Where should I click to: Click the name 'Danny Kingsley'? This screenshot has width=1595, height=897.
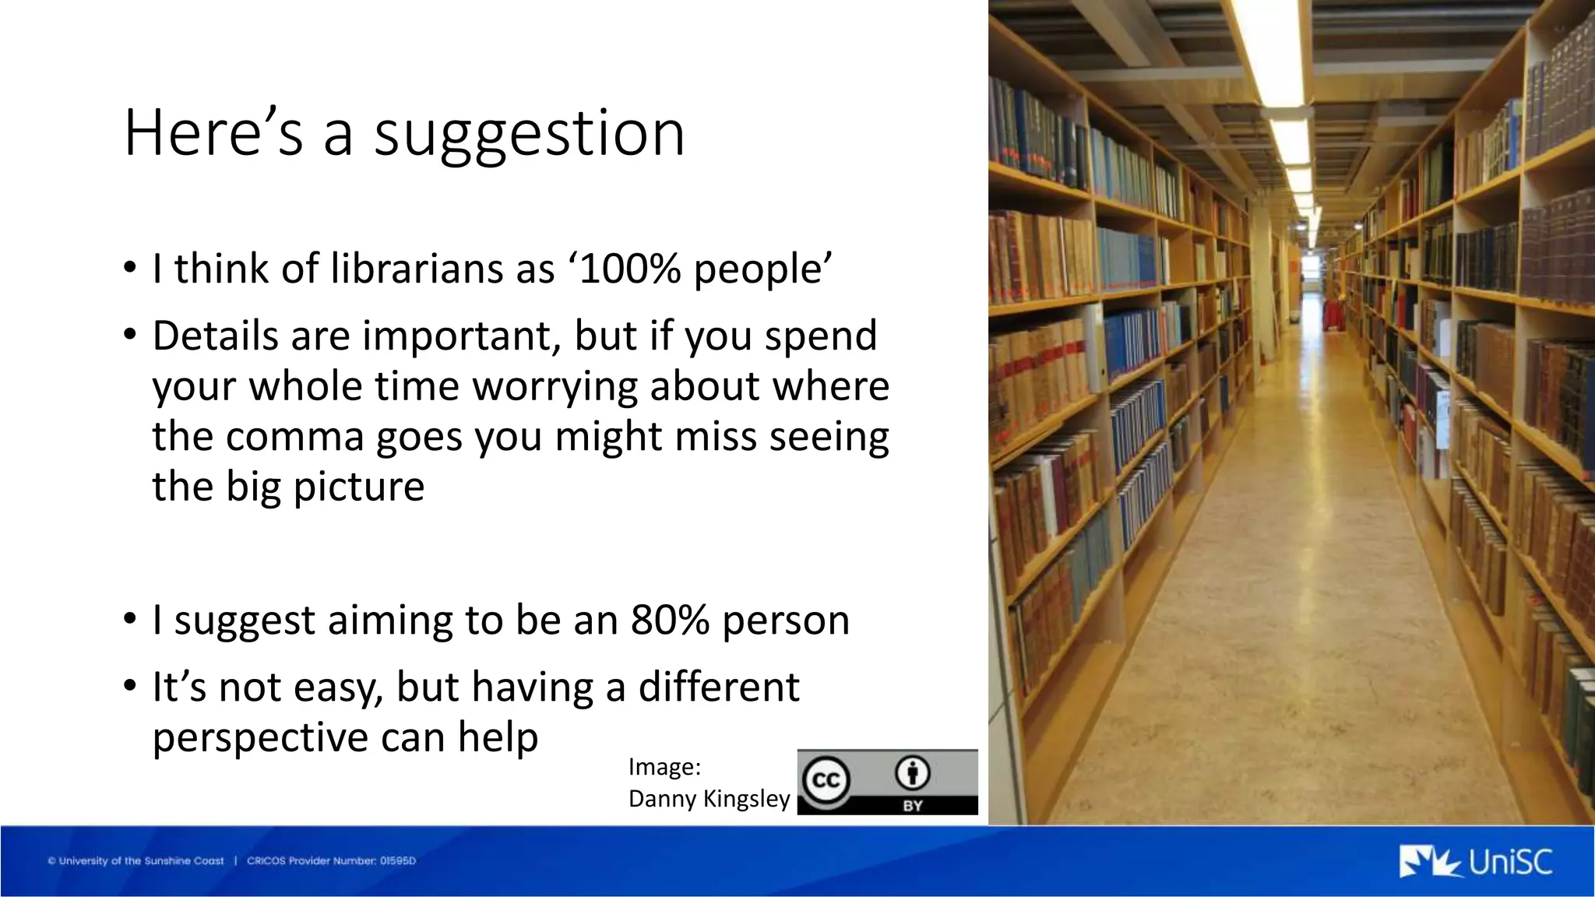[x=709, y=799]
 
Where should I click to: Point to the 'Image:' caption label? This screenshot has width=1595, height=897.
[x=664, y=767]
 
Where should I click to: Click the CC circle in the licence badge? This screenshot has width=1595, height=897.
[x=826, y=779]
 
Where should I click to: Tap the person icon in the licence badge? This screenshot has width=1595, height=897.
[x=912, y=773]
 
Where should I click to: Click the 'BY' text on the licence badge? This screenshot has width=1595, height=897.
[x=913, y=806]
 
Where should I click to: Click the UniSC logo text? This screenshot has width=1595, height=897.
[x=1509, y=862]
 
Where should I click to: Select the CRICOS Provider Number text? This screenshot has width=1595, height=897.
[x=331, y=861]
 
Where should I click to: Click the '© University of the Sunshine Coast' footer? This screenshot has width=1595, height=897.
[x=136, y=861]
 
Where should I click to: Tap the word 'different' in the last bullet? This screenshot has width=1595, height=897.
[x=718, y=688]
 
